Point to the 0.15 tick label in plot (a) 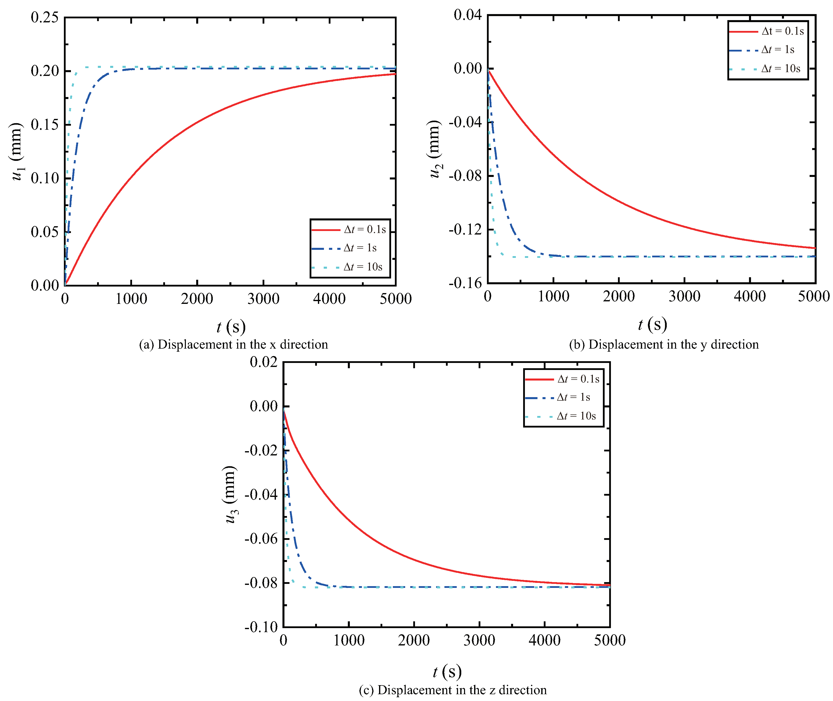(x=45, y=124)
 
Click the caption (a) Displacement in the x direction (x=233, y=344)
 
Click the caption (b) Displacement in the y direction (x=664, y=344)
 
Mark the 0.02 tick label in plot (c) (x=263, y=362)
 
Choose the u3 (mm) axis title (x=230, y=494)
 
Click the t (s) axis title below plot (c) (x=447, y=672)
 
